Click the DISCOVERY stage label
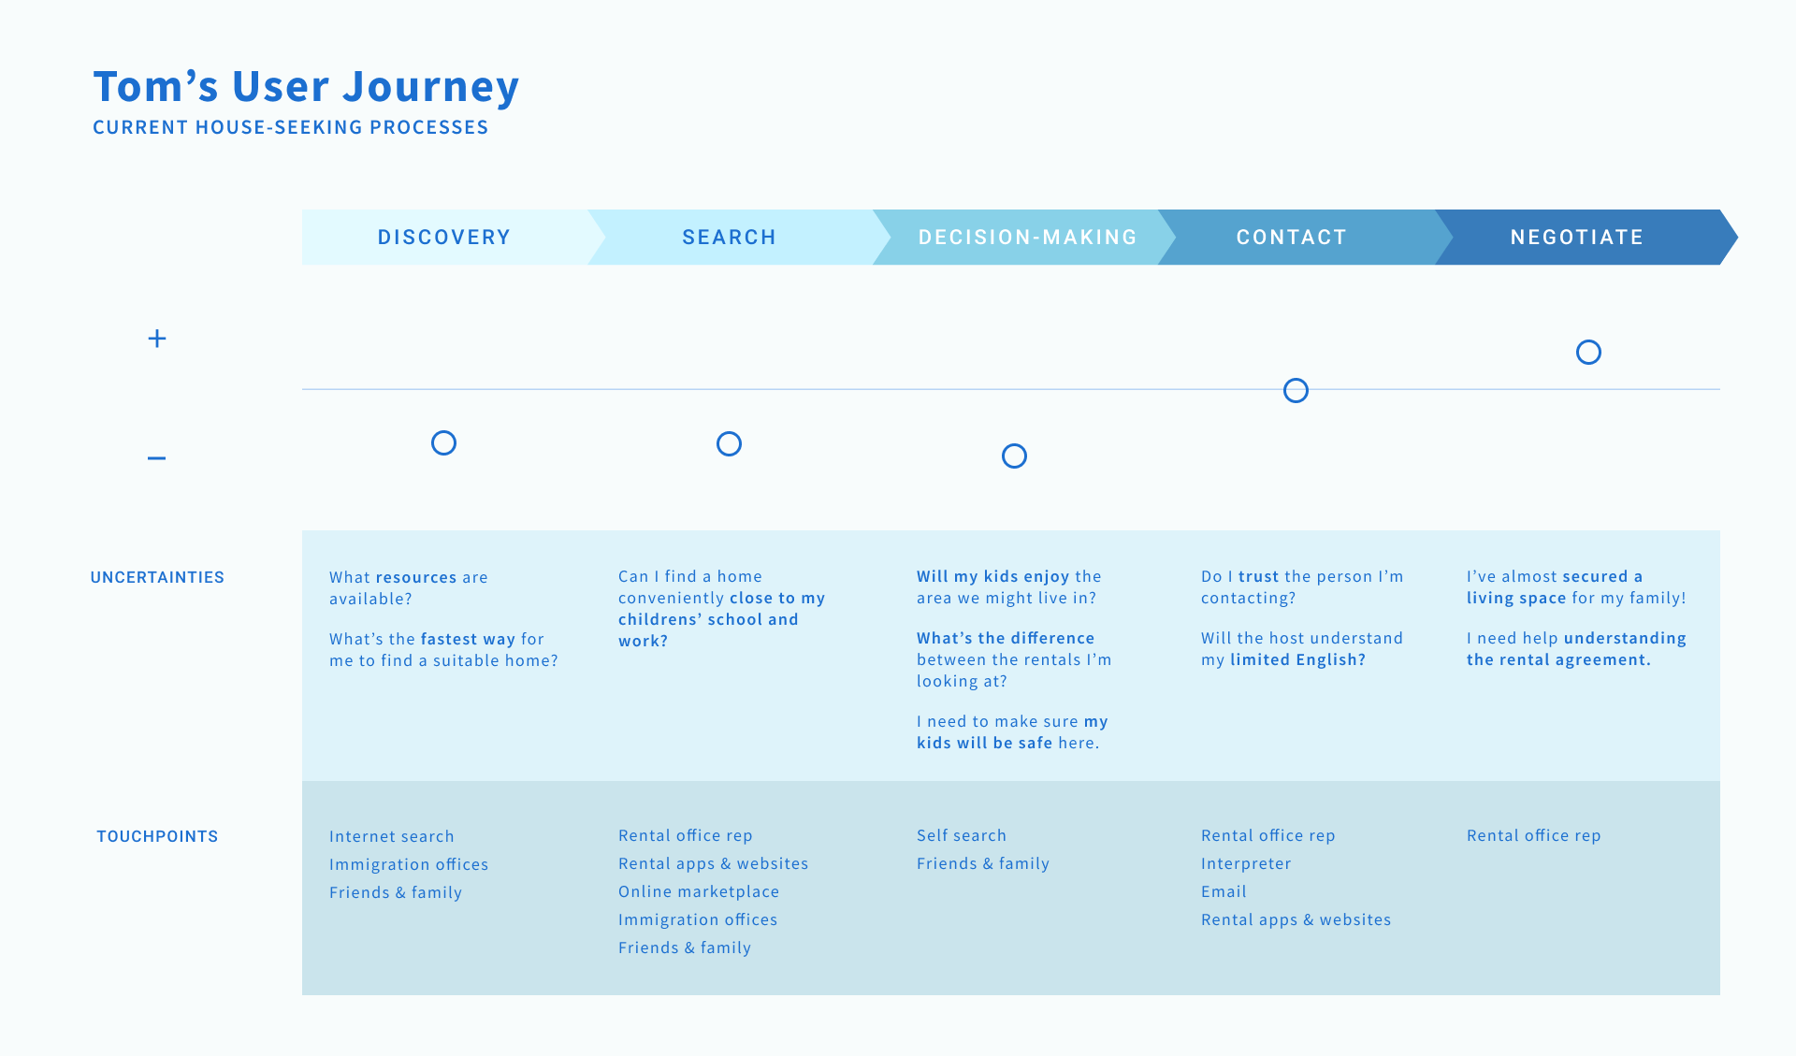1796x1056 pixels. [x=444, y=238]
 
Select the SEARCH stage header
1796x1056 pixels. [x=730, y=238]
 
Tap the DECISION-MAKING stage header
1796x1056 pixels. [x=1028, y=238]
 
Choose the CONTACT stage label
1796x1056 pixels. [x=1292, y=238]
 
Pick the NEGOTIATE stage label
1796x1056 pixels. [x=1577, y=238]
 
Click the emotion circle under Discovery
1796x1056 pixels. [x=443, y=442]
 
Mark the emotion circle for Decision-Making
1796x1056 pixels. [x=1014, y=456]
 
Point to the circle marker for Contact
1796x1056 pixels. [x=1296, y=390]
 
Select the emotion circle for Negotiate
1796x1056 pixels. [x=1588, y=352]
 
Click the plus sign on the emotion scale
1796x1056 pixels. [x=157, y=339]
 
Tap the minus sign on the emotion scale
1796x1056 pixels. [x=156, y=458]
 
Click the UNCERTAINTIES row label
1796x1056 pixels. [x=157, y=577]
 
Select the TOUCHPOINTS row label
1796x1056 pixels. [x=157, y=836]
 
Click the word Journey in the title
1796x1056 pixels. [x=430, y=87]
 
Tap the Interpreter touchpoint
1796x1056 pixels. [x=1246, y=863]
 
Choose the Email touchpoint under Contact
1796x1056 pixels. [x=1224, y=891]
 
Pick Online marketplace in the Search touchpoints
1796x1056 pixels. [x=699, y=891]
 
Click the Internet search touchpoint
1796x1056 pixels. [x=392, y=836]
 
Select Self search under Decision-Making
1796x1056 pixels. [x=962, y=835]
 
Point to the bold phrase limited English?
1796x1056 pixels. [x=1297, y=659]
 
